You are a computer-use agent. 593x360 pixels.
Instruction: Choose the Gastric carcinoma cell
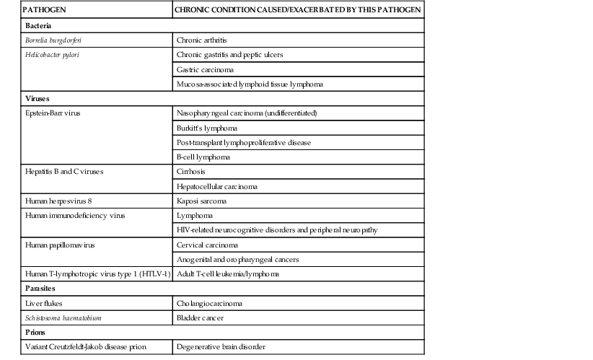[205, 69]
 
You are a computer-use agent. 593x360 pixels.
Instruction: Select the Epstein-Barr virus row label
[56, 113]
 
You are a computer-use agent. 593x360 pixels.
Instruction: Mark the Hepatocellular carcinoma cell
[217, 186]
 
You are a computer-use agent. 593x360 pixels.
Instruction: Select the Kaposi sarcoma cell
[203, 201]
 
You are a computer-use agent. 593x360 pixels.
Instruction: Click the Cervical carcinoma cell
[208, 245]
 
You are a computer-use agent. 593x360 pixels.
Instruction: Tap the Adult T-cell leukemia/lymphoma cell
[227, 274]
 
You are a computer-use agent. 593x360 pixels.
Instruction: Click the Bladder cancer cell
[200, 317]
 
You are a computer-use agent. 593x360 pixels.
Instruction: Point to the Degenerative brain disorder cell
[221, 347]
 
